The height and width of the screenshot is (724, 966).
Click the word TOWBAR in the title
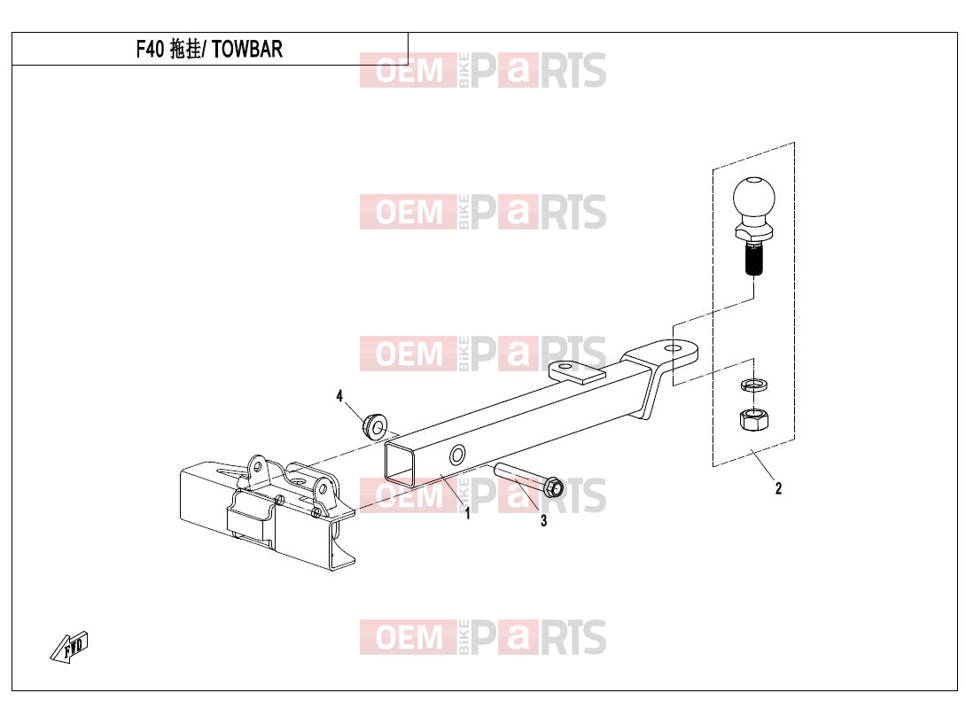[x=247, y=50]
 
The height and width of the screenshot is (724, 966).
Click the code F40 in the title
[x=150, y=50]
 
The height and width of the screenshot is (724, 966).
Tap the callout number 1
[x=468, y=513]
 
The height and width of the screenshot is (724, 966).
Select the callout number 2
[x=778, y=488]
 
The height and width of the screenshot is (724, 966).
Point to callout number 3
[x=543, y=521]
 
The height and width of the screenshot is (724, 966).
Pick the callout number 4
[x=339, y=396]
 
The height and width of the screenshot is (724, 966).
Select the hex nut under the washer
[x=753, y=420]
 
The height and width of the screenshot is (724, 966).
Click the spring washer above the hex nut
[x=754, y=385]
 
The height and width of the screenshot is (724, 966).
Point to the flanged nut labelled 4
[x=374, y=425]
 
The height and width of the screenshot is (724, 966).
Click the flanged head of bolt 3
[x=553, y=487]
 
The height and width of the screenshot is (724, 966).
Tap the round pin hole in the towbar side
[x=457, y=456]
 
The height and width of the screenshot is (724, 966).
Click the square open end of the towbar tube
[x=400, y=462]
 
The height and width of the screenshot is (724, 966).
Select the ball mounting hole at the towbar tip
[x=675, y=348]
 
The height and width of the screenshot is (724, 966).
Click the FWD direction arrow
[x=69, y=647]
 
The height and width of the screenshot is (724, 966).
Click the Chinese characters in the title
[x=185, y=50]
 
